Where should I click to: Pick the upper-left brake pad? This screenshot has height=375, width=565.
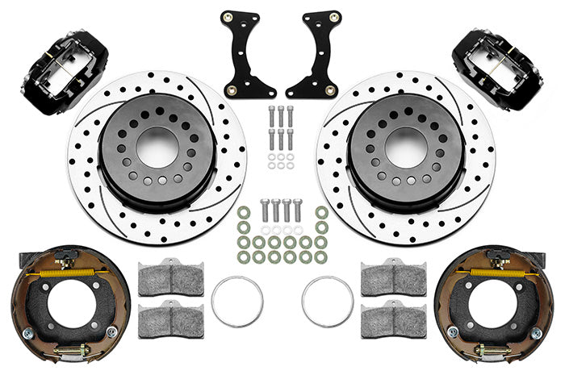(x=171, y=278)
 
